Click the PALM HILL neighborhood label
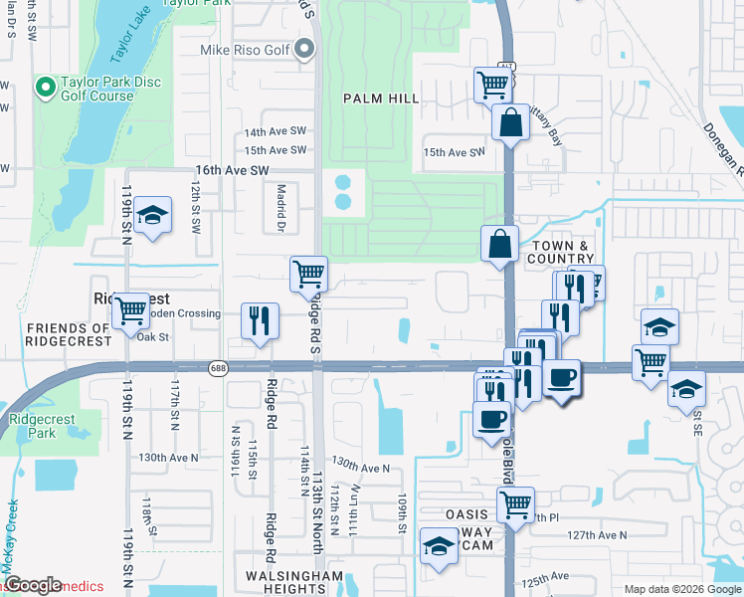tap(381, 99)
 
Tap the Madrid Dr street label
tap(280, 210)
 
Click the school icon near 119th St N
tap(153, 215)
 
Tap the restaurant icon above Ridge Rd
tap(260, 321)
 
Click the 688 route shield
tap(217, 368)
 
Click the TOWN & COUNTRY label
tap(562, 252)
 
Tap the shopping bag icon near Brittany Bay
tap(510, 123)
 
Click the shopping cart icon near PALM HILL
tap(492, 85)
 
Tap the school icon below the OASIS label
tap(438, 547)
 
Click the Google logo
tap(32, 585)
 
